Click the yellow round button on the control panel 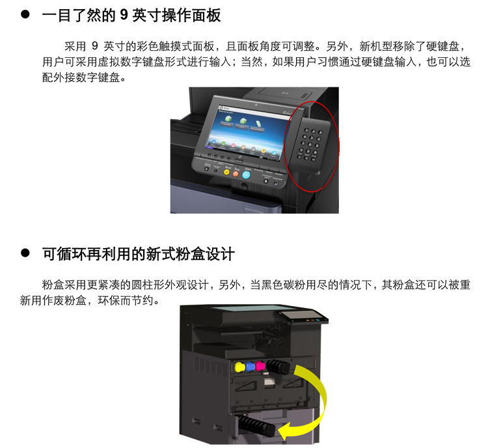pyautogui.click(x=227, y=172)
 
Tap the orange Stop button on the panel pyautogui.click(x=236, y=173)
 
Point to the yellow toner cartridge pyautogui.click(x=239, y=367)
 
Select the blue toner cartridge pyautogui.click(x=250, y=367)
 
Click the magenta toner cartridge pyautogui.click(x=260, y=366)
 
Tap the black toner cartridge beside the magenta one pyautogui.click(x=278, y=367)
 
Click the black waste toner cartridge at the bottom pyautogui.click(x=256, y=426)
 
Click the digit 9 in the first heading pyautogui.click(x=124, y=14)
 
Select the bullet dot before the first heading pyautogui.click(x=25, y=14)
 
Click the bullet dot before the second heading pyautogui.click(x=25, y=253)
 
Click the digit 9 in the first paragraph pyautogui.click(x=95, y=46)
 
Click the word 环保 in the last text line pyautogui.click(x=109, y=301)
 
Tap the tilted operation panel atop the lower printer pyautogui.click(x=303, y=318)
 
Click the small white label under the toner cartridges pyautogui.click(x=269, y=383)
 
